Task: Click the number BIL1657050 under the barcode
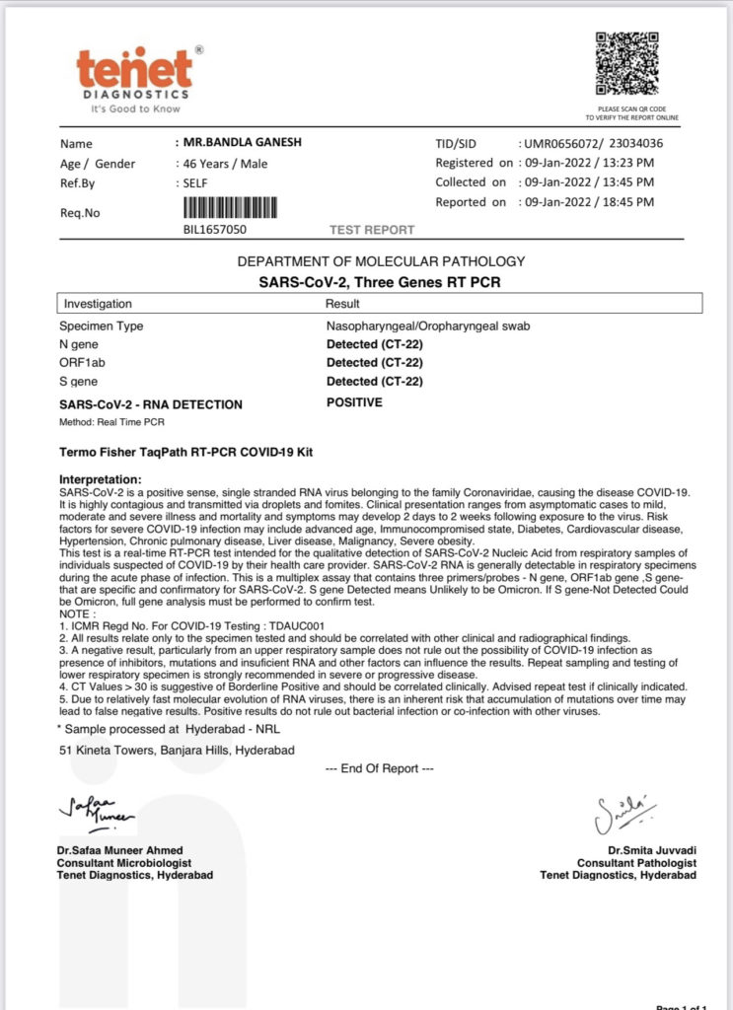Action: [214, 230]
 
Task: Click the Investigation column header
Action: [98, 304]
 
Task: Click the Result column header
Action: [342, 304]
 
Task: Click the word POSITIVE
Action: [354, 402]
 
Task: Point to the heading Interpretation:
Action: [107, 478]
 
